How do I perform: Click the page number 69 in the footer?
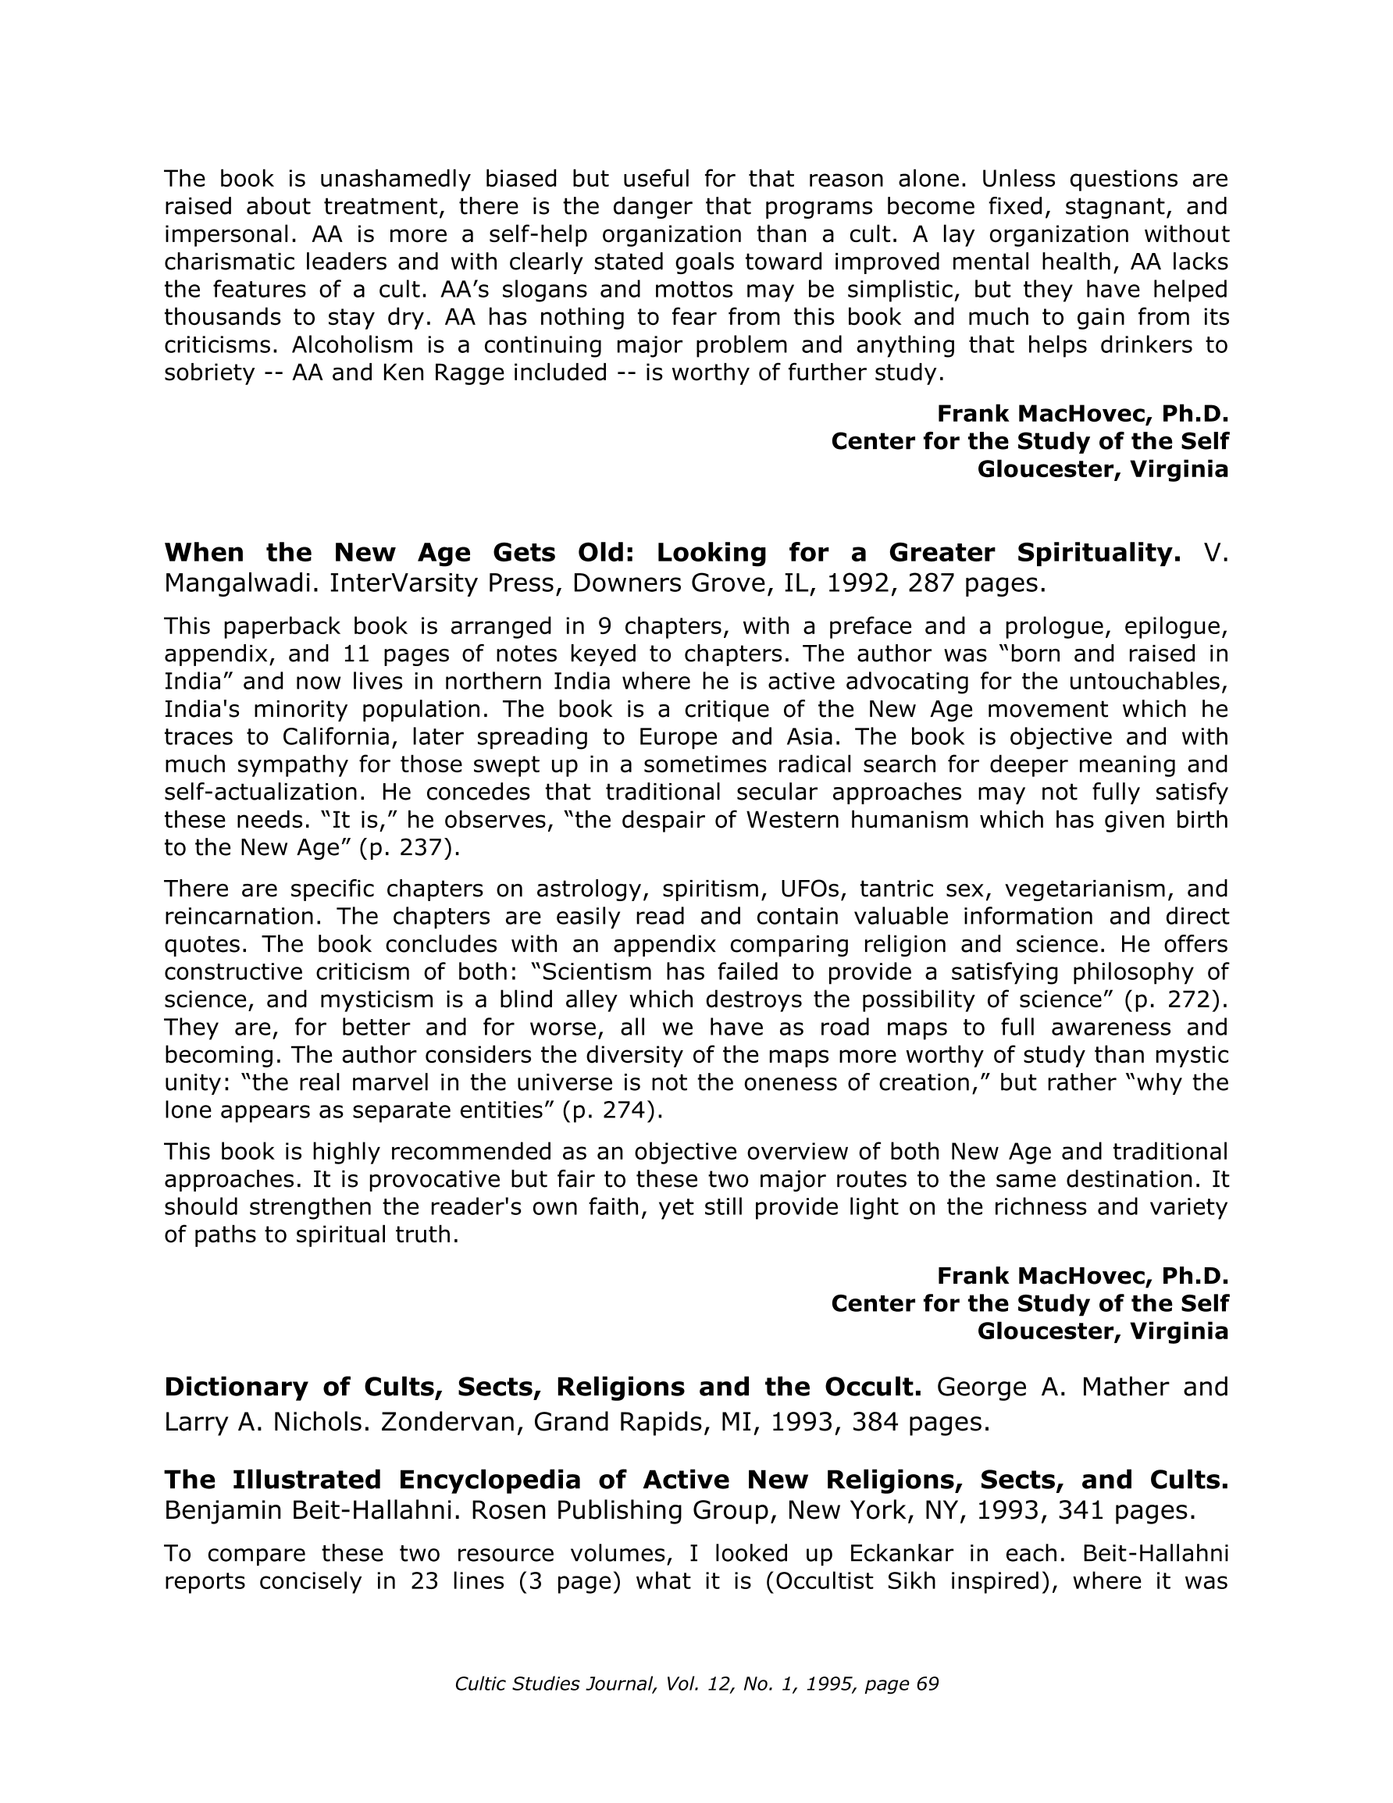point(928,1684)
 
